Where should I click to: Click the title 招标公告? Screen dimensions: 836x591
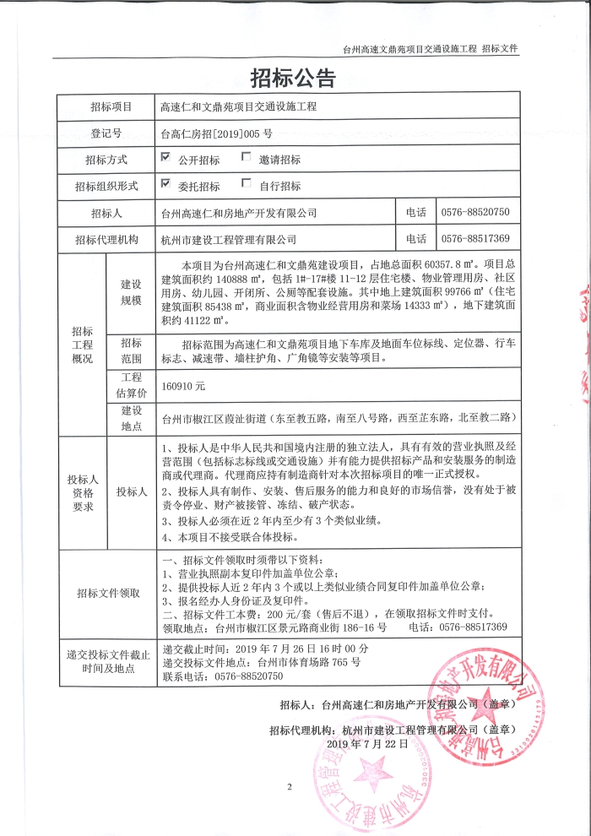pos(294,79)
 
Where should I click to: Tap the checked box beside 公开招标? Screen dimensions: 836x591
pos(166,157)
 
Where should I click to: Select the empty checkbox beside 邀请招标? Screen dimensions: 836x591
pos(247,157)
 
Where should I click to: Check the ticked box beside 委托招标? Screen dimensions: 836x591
pos(166,183)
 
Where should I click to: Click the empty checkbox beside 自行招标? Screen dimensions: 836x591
pos(247,183)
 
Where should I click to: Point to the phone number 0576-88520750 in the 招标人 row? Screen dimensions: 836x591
pos(475,211)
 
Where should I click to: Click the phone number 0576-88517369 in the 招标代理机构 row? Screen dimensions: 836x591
pos(475,238)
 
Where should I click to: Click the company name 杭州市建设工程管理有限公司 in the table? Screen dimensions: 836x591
pos(229,239)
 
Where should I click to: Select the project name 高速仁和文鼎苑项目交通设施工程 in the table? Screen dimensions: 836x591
pos(238,107)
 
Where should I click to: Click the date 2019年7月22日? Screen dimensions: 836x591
pos(367,743)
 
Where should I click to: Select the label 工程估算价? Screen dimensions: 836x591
pos(132,385)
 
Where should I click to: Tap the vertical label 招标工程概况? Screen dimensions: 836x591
pos(82,345)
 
